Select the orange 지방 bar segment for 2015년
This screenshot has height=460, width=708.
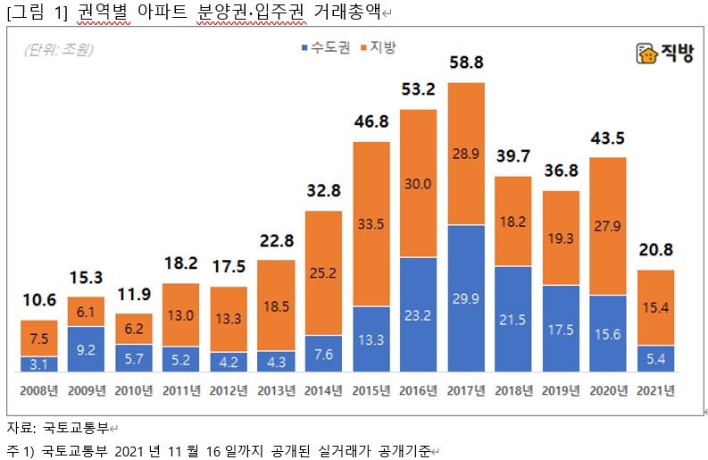pyautogui.click(x=371, y=223)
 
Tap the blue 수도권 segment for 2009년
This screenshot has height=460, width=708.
pyautogui.click(x=87, y=348)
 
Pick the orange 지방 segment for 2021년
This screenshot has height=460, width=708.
pyautogui.click(x=656, y=307)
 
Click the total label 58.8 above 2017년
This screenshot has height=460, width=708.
pyautogui.click(x=466, y=64)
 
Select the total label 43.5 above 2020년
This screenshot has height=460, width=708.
pyautogui.click(x=608, y=140)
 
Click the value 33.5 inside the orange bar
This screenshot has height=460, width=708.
pyautogui.click(x=371, y=222)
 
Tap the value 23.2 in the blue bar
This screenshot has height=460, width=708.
pyautogui.click(x=419, y=315)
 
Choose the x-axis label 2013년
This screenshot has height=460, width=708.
pyautogui.click(x=277, y=390)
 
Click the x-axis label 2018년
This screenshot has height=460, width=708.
pyautogui.click(x=513, y=390)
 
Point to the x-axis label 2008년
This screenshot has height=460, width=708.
pyautogui.click(x=39, y=390)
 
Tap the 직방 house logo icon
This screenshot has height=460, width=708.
pyautogui.click(x=646, y=54)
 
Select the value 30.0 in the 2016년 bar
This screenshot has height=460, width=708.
pyautogui.click(x=419, y=183)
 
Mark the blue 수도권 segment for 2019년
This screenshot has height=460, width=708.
pyautogui.click(x=561, y=328)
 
